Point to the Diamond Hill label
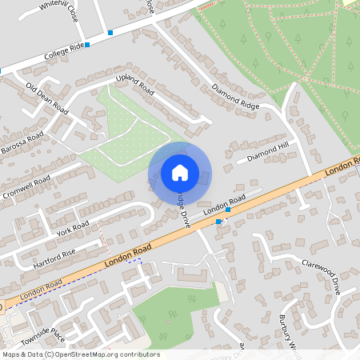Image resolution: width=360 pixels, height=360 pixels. point(267,153)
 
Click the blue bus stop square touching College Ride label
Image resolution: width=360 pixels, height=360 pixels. point(87,46)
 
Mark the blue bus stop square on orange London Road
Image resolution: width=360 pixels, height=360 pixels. point(218,221)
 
